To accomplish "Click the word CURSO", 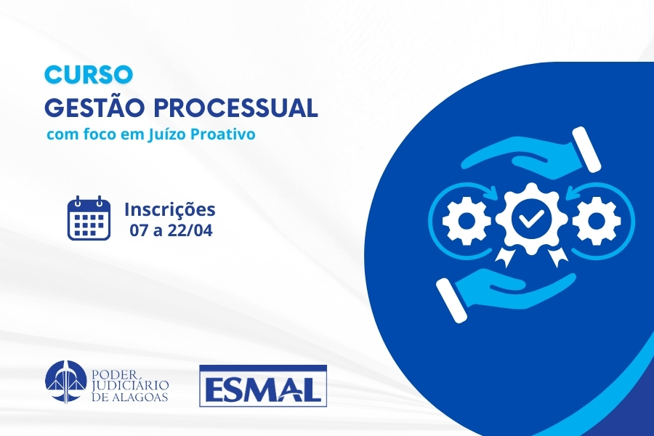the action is [89, 75].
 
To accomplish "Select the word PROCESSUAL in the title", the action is [236, 108].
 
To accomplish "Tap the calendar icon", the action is [89, 218].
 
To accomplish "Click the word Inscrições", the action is [170, 210].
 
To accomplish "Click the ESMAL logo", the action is [263, 386].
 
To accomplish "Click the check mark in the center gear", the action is [528, 218].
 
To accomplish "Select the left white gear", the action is [467, 219].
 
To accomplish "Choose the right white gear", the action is [596, 219].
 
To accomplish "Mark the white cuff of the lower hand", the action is [451, 300].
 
